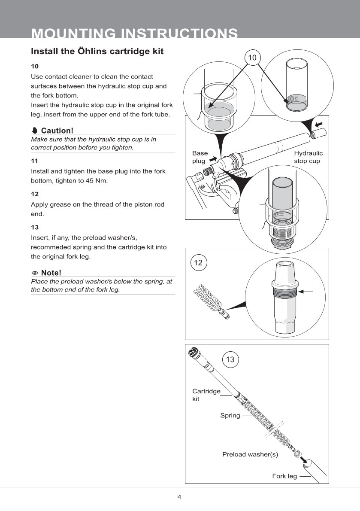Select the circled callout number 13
[230, 359]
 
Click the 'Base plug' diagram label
[200, 157]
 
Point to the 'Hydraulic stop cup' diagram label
[308, 157]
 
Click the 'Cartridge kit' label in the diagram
[206, 395]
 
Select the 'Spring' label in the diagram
[230, 416]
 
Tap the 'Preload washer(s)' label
[250, 454]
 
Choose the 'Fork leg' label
[284, 476]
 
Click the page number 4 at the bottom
[179, 497]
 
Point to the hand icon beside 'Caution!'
[35, 131]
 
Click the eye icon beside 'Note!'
[35, 273]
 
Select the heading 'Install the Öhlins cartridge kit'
[97, 52]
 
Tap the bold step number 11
[35, 161]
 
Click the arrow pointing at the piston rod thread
[306, 292]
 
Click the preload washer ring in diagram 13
[296, 454]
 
